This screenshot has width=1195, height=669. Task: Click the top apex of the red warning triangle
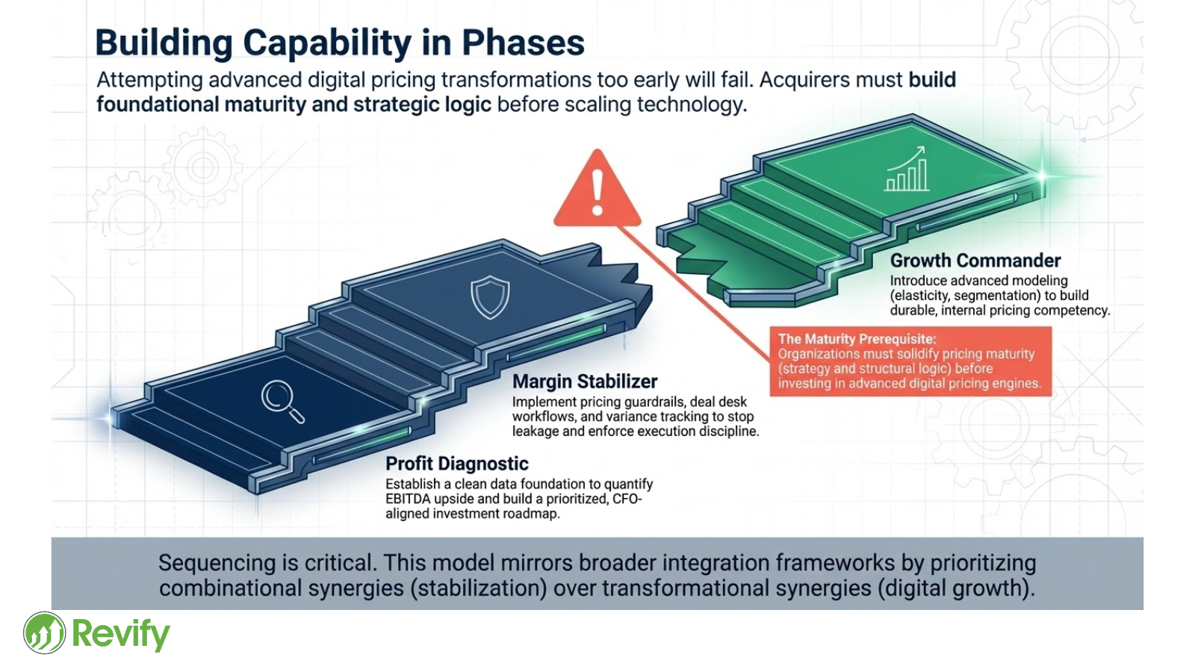[x=597, y=150]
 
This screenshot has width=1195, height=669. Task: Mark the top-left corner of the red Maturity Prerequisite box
[x=770, y=327]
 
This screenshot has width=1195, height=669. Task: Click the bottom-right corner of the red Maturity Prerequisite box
[x=1052, y=396]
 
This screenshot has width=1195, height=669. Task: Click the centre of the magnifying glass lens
[x=276, y=395]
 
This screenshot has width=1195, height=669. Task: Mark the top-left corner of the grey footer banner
[x=52, y=538]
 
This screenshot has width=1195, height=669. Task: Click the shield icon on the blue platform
[x=490, y=297]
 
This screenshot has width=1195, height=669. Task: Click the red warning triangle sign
[x=597, y=188]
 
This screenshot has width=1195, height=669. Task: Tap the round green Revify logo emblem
[x=44, y=632]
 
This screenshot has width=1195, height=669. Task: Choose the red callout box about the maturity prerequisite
[x=910, y=361]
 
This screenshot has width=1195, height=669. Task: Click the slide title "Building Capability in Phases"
[x=340, y=42]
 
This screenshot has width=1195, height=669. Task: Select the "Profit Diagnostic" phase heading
[x=456, y=464]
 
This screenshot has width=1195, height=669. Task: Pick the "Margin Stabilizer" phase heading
[x=585, y=382]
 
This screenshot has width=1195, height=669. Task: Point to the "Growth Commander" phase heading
[x=975, y=261]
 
